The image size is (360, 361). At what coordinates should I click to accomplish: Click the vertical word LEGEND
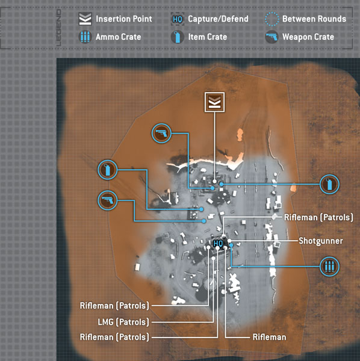(x=59, y=28)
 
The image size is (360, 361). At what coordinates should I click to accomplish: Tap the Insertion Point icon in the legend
(x=85, y=19)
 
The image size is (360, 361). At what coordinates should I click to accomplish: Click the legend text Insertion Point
(x=124, y=19)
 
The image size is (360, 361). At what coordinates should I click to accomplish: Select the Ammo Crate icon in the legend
(x=85, y=37)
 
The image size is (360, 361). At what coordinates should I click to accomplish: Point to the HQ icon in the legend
(x=178, y=19)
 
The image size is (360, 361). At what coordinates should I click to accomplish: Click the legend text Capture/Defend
(x=218, y=19)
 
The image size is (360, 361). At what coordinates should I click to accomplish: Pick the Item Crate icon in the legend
(x=178, y=37)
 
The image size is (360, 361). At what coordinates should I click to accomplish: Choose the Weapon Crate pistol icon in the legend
(x=272, y=37)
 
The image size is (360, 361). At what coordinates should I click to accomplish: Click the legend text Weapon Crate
(x=308, y=37)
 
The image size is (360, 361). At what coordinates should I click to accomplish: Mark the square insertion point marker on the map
(x=215, y=102)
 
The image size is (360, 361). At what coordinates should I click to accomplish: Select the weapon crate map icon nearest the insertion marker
(x=161, y=134)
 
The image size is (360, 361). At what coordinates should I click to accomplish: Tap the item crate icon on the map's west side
(x=108, y=170)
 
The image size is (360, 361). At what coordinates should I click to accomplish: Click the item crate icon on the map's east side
(x=329, y=185)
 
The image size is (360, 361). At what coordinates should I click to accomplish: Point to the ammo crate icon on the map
(x=329, y=267)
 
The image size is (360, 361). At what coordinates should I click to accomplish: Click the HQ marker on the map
(x=218, y=243)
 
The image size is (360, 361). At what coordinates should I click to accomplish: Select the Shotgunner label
(x=321, y=241)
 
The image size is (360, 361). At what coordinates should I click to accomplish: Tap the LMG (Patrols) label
(x=123, y=322)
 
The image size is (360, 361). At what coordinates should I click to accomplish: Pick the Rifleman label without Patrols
(x=270, y=338)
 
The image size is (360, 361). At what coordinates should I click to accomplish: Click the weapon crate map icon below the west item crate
(x=108, y=200)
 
